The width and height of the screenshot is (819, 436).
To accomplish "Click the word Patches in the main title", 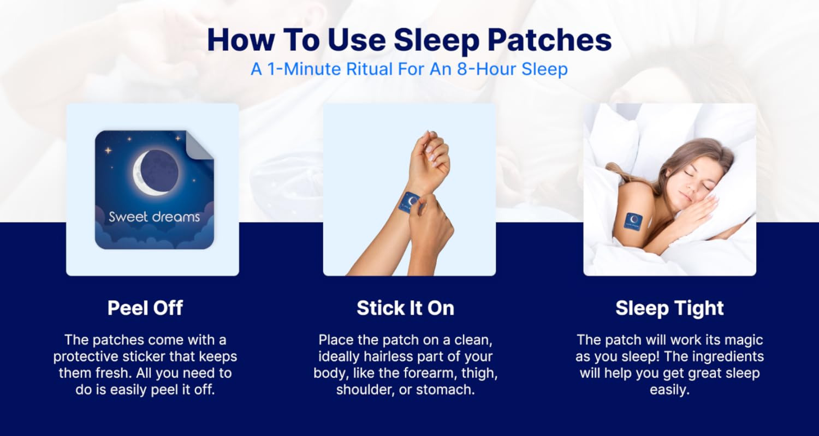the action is coord(549,40).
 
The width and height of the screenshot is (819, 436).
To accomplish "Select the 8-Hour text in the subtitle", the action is coord(486,69).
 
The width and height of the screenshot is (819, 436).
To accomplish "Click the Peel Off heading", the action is coord(145,308).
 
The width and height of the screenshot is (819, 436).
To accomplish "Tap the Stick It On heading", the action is coord(406,308).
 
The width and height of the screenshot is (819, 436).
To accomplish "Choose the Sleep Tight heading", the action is coord(669,308).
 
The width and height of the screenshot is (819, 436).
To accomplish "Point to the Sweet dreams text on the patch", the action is coord(155,217).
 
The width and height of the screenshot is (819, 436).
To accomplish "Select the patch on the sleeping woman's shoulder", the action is coord(633,223).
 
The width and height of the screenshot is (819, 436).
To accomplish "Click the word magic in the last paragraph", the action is coord(744,341).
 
